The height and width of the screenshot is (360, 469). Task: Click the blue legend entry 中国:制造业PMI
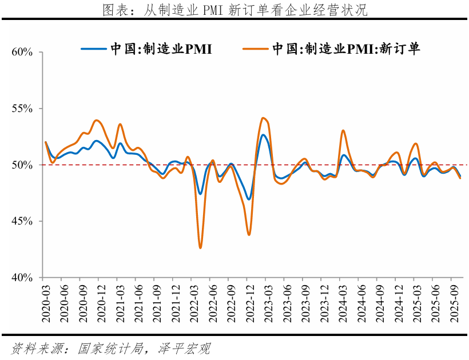coord(146,49)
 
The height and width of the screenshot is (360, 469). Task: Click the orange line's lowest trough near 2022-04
coord(200,247)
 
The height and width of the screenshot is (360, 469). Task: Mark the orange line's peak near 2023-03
coord(263,118)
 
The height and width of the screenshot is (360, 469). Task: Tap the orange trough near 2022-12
coord(249,234)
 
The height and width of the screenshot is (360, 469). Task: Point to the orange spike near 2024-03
coord(343,130)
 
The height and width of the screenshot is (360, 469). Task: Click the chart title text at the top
coord(234,10)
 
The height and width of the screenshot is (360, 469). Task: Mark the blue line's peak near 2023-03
coord(263,135)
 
